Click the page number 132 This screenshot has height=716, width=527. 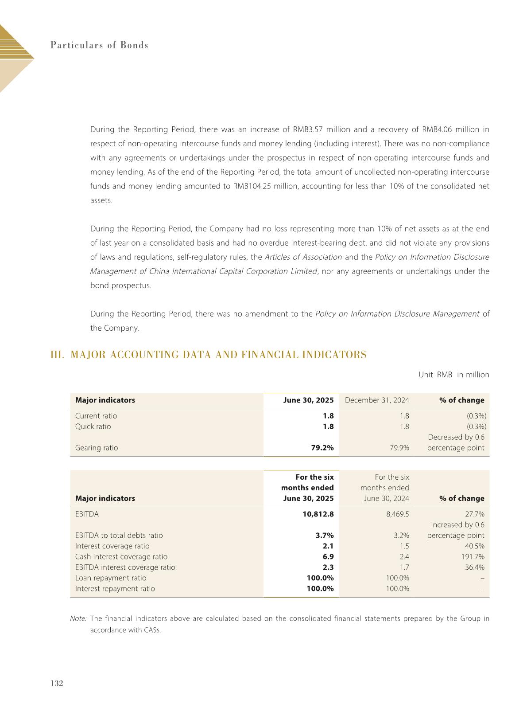pos(57,683)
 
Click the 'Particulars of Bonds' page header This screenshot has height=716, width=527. pos(99,45)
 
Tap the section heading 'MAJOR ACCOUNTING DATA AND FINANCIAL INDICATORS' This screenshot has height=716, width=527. pos(218,355)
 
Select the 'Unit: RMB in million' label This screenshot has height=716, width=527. pos(454,375)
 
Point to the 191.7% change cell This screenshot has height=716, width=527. pos(473,557)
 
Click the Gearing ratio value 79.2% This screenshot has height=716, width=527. pos(322,448)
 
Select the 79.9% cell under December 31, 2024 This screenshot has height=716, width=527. pos(399,448)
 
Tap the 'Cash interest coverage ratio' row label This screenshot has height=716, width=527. pos(121,557)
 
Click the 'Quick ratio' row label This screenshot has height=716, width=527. pos(93,426)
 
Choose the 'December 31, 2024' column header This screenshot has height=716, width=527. pos(377,400)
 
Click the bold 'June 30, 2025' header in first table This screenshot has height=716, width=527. pos(308,400)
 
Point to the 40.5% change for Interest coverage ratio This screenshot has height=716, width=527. pos(475,546)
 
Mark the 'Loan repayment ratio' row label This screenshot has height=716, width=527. pos(111,578)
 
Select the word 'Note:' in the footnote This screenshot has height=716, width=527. pos(78,618)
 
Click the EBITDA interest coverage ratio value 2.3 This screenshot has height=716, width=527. pos(328,567)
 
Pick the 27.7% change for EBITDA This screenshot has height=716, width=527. pos(475,514)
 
